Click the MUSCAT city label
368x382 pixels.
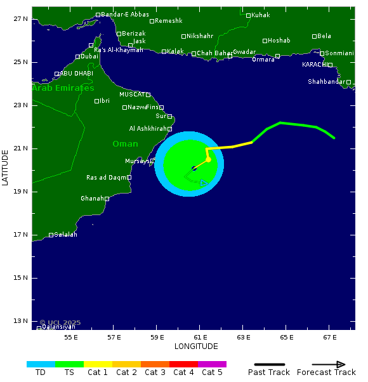132,95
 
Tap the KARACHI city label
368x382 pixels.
314,65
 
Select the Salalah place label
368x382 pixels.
65,235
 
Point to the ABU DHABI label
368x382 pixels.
76,74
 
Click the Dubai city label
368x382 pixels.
89,56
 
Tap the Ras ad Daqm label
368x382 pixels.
107,178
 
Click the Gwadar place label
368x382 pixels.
244,52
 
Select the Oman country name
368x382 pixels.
125,144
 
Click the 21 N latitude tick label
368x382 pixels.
20,148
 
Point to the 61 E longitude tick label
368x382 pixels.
200,337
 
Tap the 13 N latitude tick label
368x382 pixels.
20,321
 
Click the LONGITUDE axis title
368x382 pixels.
196,346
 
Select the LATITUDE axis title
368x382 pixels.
5,168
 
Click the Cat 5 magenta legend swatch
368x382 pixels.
212,364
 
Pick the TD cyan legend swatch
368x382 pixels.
41,364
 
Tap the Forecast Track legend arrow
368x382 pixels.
329,364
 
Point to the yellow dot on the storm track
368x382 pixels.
208,159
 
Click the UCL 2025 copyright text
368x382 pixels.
60,322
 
